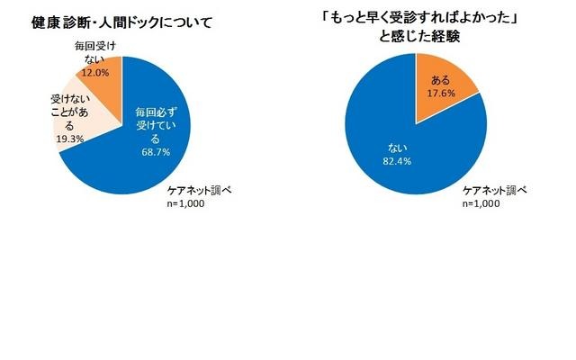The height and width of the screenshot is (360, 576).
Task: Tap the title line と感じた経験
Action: tap(415, 37)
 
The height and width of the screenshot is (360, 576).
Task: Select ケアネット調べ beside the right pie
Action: tap(495, 191)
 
